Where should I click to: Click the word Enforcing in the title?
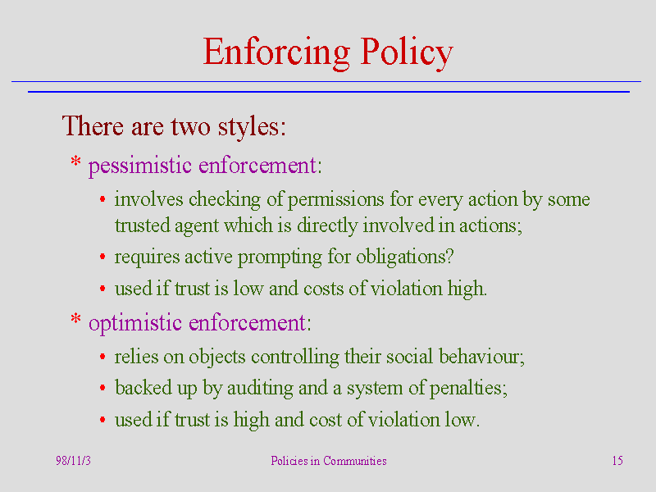[x=276, y=52]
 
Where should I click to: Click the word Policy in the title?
[x=407, y=52]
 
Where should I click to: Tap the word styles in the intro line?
[x=252, y=126]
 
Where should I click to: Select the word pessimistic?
[x=140, y=166]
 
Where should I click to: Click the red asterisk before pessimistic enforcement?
[x=75, y=161]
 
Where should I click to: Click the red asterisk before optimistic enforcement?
[x=75, y=319]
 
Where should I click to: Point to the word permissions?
[x=336, y=199]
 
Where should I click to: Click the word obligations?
[x=404, y=257]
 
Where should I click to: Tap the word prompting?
[x=280, y=257]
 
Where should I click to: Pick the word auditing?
[x=260, y=388]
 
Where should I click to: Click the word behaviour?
[x=481, y=357]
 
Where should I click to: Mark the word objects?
[x=217, y=358]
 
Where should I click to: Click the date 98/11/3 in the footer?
[x=73, y=461]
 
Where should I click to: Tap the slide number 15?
[x=617, y=461]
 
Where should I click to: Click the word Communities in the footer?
[x=355, y=461]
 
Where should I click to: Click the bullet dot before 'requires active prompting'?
[x=102, y=257]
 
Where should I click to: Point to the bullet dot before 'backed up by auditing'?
[x=102, y=388]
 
